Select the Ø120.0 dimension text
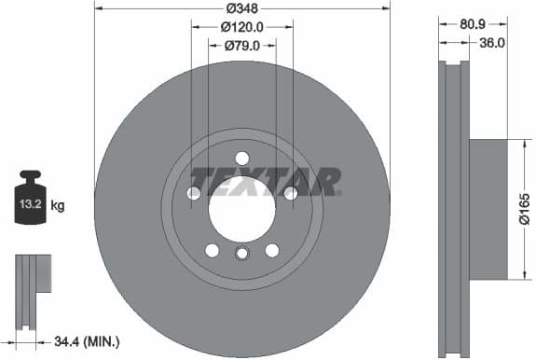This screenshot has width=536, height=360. tap(242, 28)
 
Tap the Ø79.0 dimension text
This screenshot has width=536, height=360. tap(242, 46)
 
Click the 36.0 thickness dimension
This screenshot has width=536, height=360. tap(490, 42)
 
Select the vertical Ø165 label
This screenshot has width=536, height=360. tap(524, 208)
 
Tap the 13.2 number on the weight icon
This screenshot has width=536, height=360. tap(29, 202)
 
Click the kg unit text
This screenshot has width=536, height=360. tap(58, 203)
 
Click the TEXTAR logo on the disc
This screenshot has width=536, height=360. tap(265, 180)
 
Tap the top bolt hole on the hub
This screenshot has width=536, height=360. tap(242, 158)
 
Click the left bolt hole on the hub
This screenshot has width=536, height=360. tap(194, 193)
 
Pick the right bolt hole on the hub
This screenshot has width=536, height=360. tap(290, 193)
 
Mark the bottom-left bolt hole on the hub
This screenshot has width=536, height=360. tap(212, 249)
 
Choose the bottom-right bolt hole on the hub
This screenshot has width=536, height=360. tap(272, 249)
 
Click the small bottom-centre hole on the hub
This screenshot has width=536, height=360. tap(242, 255)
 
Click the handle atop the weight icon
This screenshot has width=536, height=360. tap(30, 175)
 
